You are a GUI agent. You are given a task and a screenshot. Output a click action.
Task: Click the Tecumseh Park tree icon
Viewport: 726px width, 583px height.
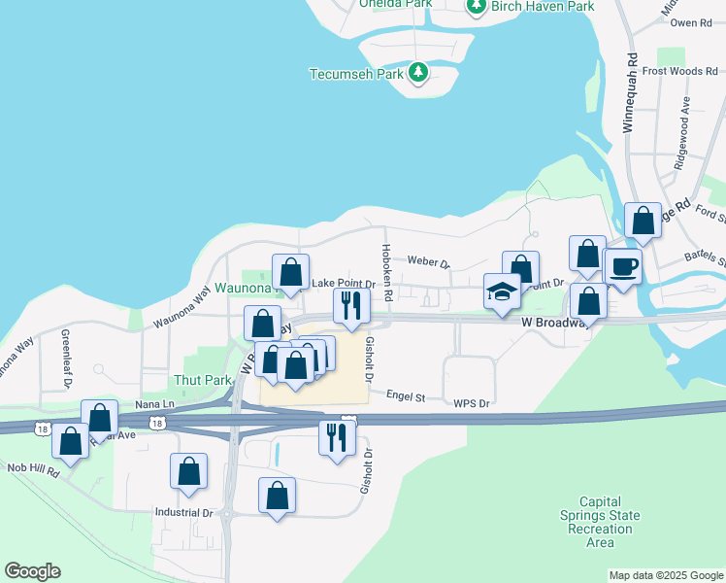[x=418, y=73]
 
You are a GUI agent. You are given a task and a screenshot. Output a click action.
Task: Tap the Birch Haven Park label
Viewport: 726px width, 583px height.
[x=542, y=6]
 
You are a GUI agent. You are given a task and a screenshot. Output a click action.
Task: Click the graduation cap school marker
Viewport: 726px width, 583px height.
[x=502, y=292]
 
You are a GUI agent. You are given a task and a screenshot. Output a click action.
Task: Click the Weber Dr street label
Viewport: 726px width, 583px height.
[x=429, y=262]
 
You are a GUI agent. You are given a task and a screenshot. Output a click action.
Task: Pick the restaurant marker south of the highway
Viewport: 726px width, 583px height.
[x=337, y=437]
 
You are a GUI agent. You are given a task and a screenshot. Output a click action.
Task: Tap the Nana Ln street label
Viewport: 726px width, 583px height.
[x=155, y=403]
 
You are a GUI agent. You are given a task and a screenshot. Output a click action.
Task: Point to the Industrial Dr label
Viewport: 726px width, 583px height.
[x=183, y=512]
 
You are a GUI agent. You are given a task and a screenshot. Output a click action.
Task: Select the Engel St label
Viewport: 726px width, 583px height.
[x=406, y=396]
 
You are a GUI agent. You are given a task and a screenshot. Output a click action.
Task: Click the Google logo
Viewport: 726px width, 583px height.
[x=32, y=571]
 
